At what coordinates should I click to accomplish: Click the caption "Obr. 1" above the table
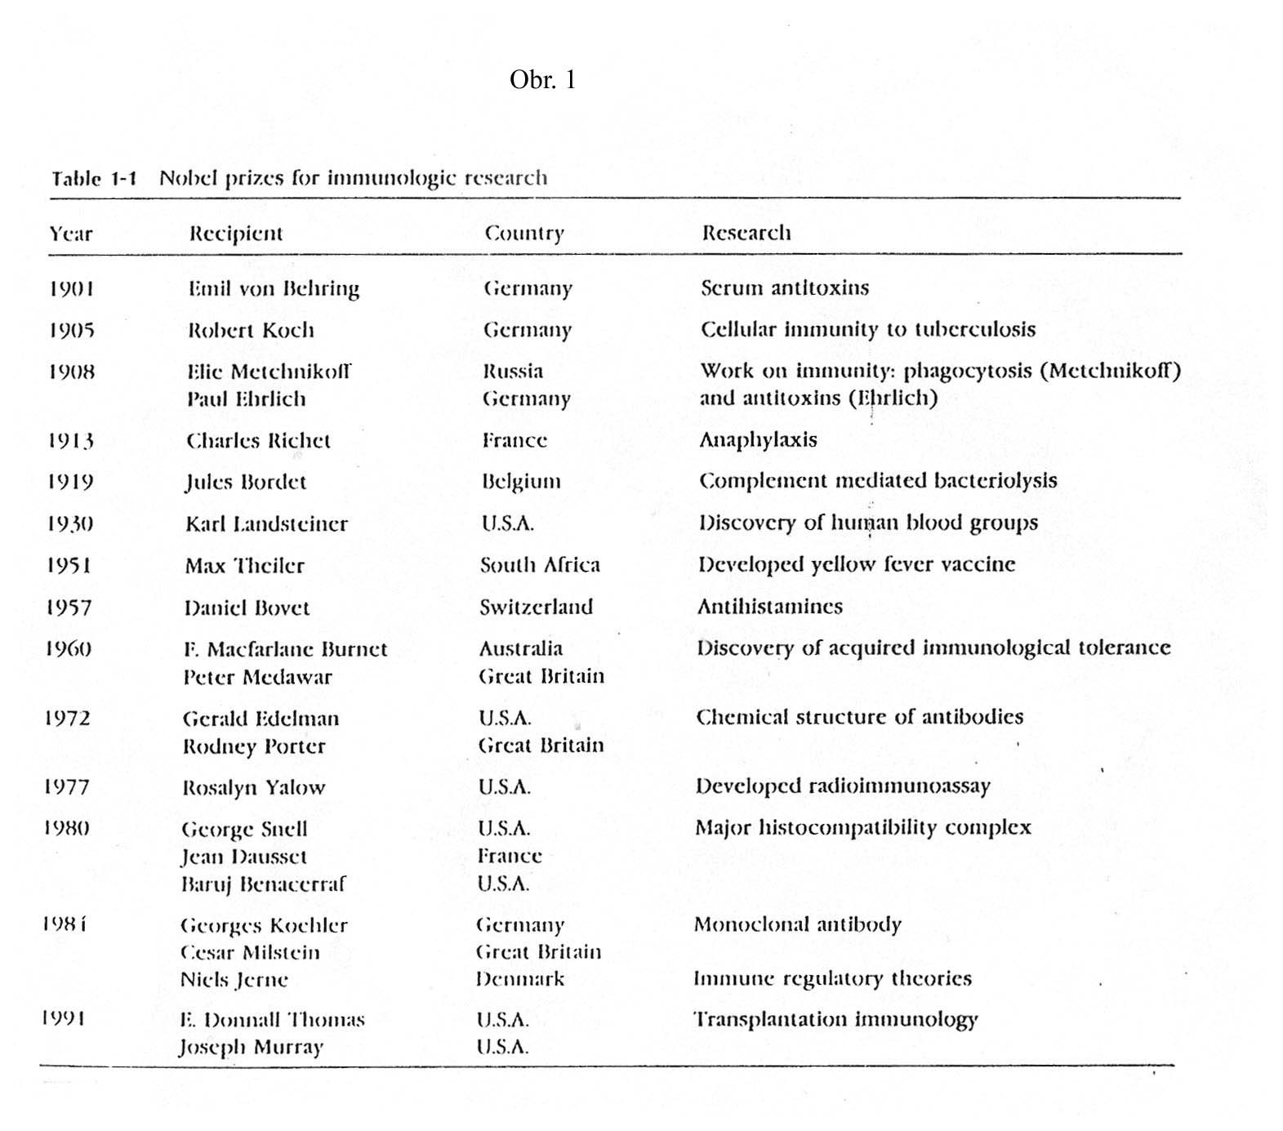pos(542,79)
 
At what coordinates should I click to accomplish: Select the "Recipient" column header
pos(235,234)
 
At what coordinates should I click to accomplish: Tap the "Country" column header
pos(523,234)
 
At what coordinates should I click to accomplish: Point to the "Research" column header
pos(746,233)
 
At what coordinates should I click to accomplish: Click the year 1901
pos(71,288)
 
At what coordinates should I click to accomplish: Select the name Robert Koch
pos(251,330)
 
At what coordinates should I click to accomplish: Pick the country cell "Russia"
pos(512,372)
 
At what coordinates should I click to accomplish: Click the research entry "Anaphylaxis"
pos(758,439)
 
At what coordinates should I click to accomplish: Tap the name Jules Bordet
pos(245,482)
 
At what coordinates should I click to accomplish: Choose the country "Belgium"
pos(521,481)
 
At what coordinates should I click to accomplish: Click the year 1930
pos(69,523)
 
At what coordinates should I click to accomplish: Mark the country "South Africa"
pos(540,565)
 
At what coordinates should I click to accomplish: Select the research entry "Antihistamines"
pos(769,606)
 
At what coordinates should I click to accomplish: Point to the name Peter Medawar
pos(257,677)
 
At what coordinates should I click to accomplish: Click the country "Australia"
pos(520,648)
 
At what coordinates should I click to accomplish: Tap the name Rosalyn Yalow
pos(253,788)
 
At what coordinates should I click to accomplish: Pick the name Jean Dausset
pos(243,857)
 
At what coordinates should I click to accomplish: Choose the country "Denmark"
pos(519,978)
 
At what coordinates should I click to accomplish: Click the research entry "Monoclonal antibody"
pos(797,924)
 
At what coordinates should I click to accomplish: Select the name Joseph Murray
pos(251,1047)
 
